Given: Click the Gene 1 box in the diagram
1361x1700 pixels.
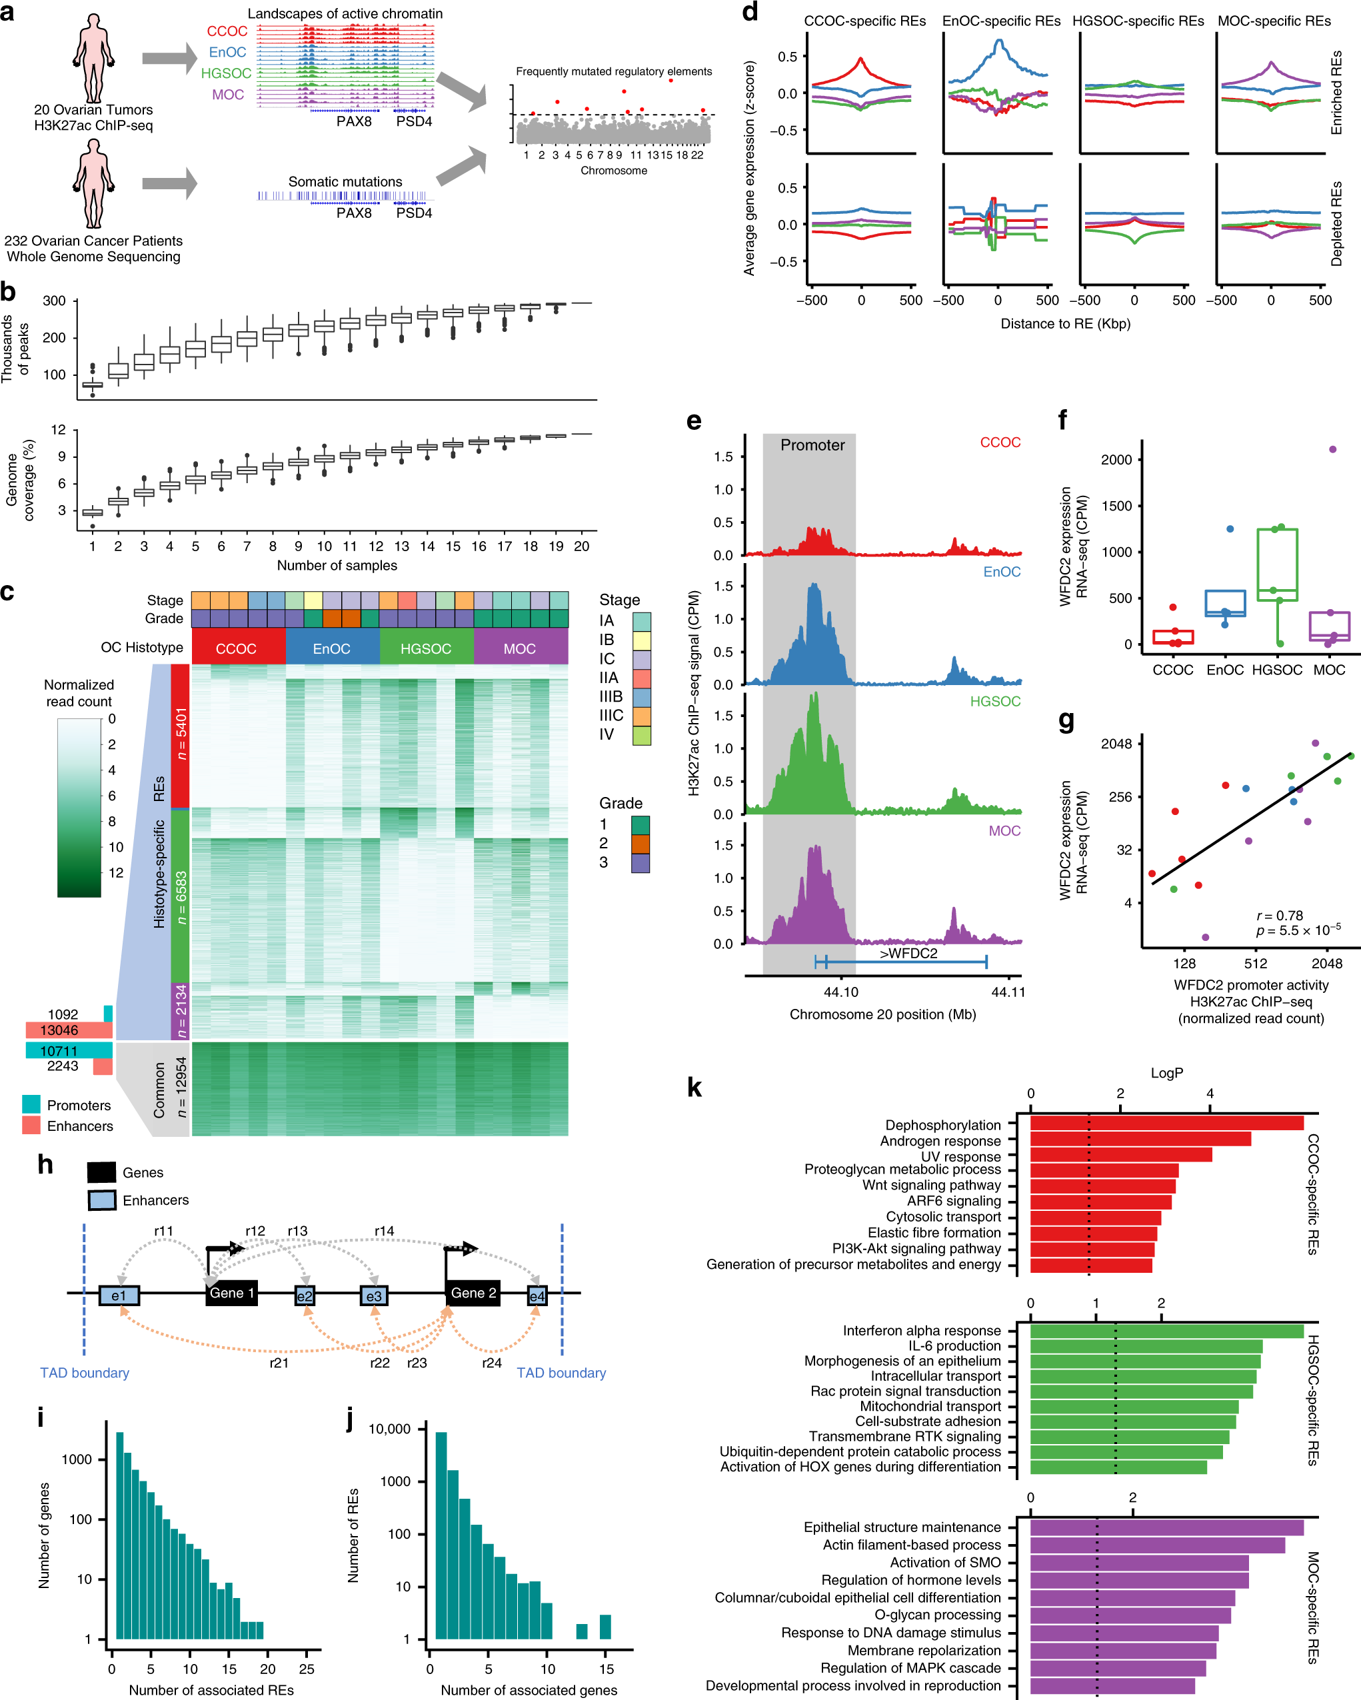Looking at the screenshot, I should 231,1293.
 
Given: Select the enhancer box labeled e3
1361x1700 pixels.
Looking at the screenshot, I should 374,1295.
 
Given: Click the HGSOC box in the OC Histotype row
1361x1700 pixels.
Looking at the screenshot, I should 426,648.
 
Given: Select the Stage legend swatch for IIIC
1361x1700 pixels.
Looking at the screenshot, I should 642,716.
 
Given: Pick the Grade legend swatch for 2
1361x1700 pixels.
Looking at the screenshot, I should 641,844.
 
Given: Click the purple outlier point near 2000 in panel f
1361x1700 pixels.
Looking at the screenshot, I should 1332,449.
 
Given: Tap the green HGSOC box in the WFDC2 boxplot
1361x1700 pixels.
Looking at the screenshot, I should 1276,564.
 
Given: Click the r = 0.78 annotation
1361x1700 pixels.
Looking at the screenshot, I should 1279,916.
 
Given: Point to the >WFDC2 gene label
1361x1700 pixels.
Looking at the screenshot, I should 908,954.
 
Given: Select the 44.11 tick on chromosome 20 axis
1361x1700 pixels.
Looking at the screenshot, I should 1008,992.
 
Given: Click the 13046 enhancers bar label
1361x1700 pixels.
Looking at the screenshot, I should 59,1030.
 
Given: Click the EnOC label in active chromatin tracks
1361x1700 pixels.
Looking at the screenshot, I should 227,53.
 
